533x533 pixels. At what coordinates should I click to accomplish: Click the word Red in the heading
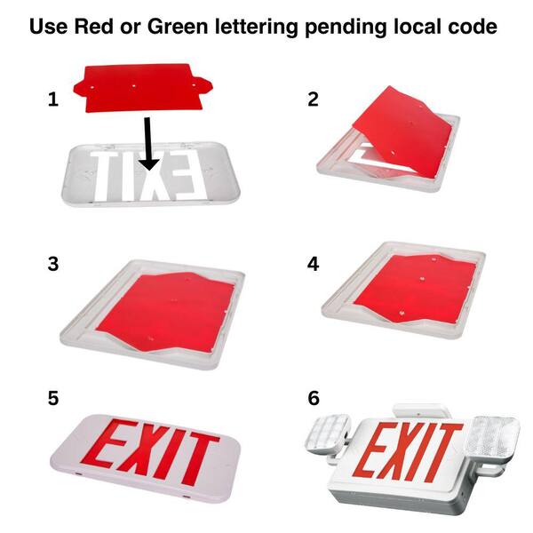[x=94, y=26]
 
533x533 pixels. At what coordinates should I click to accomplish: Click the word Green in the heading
[x=178, y=26]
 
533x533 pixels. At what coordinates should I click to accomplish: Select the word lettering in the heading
[x=257, y=28]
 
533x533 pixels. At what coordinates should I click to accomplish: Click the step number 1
[x=53, y=99]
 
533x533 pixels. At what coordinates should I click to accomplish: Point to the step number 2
[x=313, y=99]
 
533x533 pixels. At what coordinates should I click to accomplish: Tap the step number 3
[x=53, y=264]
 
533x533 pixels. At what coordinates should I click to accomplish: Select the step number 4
[x=313, y=264]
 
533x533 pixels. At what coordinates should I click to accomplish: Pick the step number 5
[x=53, y=398]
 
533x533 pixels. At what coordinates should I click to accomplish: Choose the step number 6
[x=314, y=398]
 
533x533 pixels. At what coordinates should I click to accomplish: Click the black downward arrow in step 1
[x=148, y=143]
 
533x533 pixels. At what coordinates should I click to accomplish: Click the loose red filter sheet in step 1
[x=143, y=88]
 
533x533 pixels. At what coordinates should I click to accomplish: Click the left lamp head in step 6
[x=329, y=434]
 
